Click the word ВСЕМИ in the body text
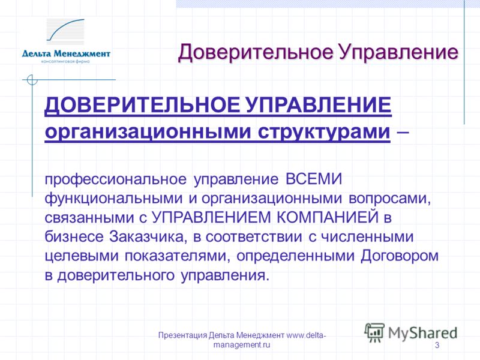[314, 179]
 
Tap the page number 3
[437, 346]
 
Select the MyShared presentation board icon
[374, 332]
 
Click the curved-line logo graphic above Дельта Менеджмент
[65, 30]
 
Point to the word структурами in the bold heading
[324, 132]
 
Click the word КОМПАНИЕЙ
[328, 217]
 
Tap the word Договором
[400, 256]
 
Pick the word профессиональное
[115, 179]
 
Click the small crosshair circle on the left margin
[32, 80]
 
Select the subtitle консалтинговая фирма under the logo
[65, 62]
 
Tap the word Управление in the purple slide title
[398, 53]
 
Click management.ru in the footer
[242, 345]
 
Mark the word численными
[367, 237]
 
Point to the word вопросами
[389, 199]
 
